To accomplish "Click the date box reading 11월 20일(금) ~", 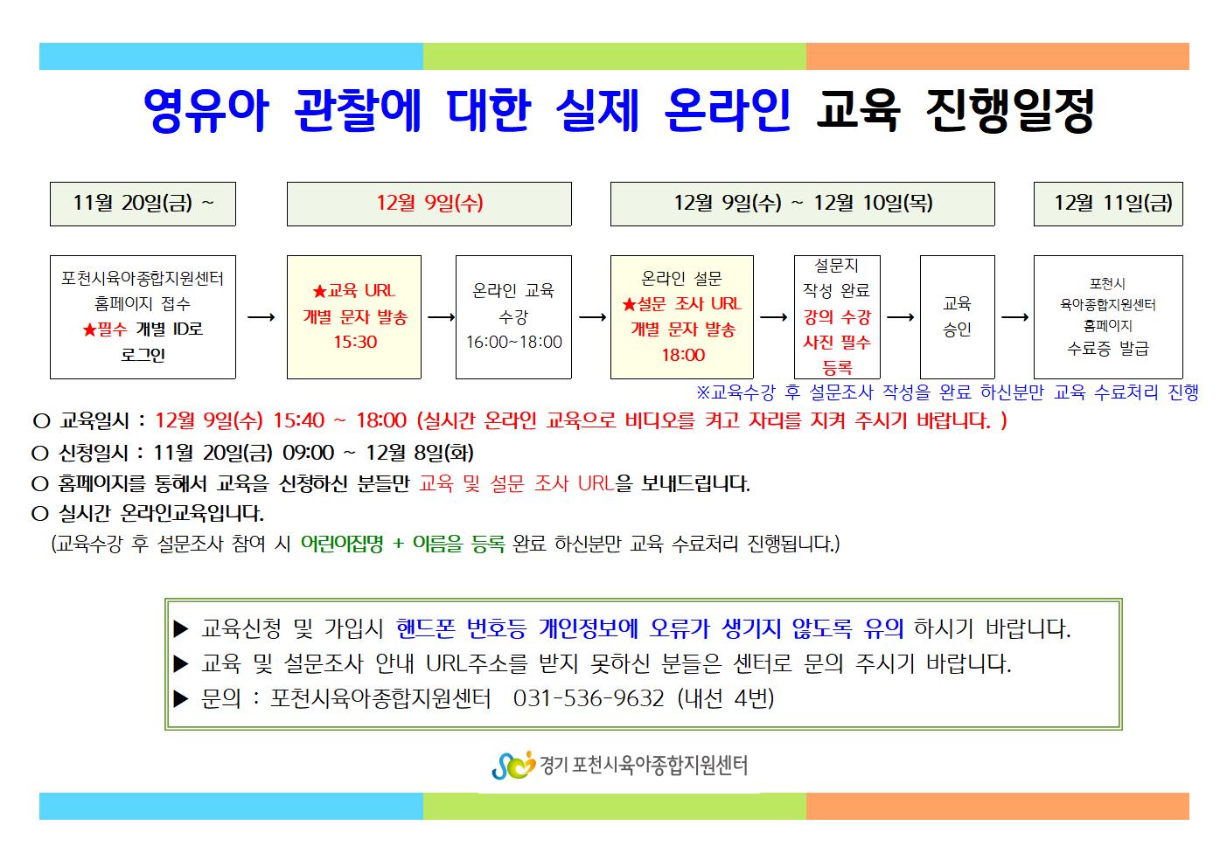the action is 143,204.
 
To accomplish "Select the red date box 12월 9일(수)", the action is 429,204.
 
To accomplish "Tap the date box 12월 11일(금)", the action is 1108,204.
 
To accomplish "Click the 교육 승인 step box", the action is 958,317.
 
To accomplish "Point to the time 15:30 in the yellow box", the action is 355,342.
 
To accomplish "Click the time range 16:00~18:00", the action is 514,342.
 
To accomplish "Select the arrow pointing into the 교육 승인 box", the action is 900,317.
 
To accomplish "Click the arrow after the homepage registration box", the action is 261,317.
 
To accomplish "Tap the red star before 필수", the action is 89,329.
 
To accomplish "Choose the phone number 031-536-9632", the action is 589,698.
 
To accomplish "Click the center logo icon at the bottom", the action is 513,765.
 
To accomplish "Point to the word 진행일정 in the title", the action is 1010,111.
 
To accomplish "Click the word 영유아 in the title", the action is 206,111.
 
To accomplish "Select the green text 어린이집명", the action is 342,544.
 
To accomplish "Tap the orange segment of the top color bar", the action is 998,57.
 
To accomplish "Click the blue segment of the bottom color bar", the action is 231,806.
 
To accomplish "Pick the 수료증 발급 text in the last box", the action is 1107,348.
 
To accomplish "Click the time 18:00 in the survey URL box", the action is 683,355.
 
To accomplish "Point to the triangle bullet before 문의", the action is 181,698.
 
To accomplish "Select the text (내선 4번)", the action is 725,698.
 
